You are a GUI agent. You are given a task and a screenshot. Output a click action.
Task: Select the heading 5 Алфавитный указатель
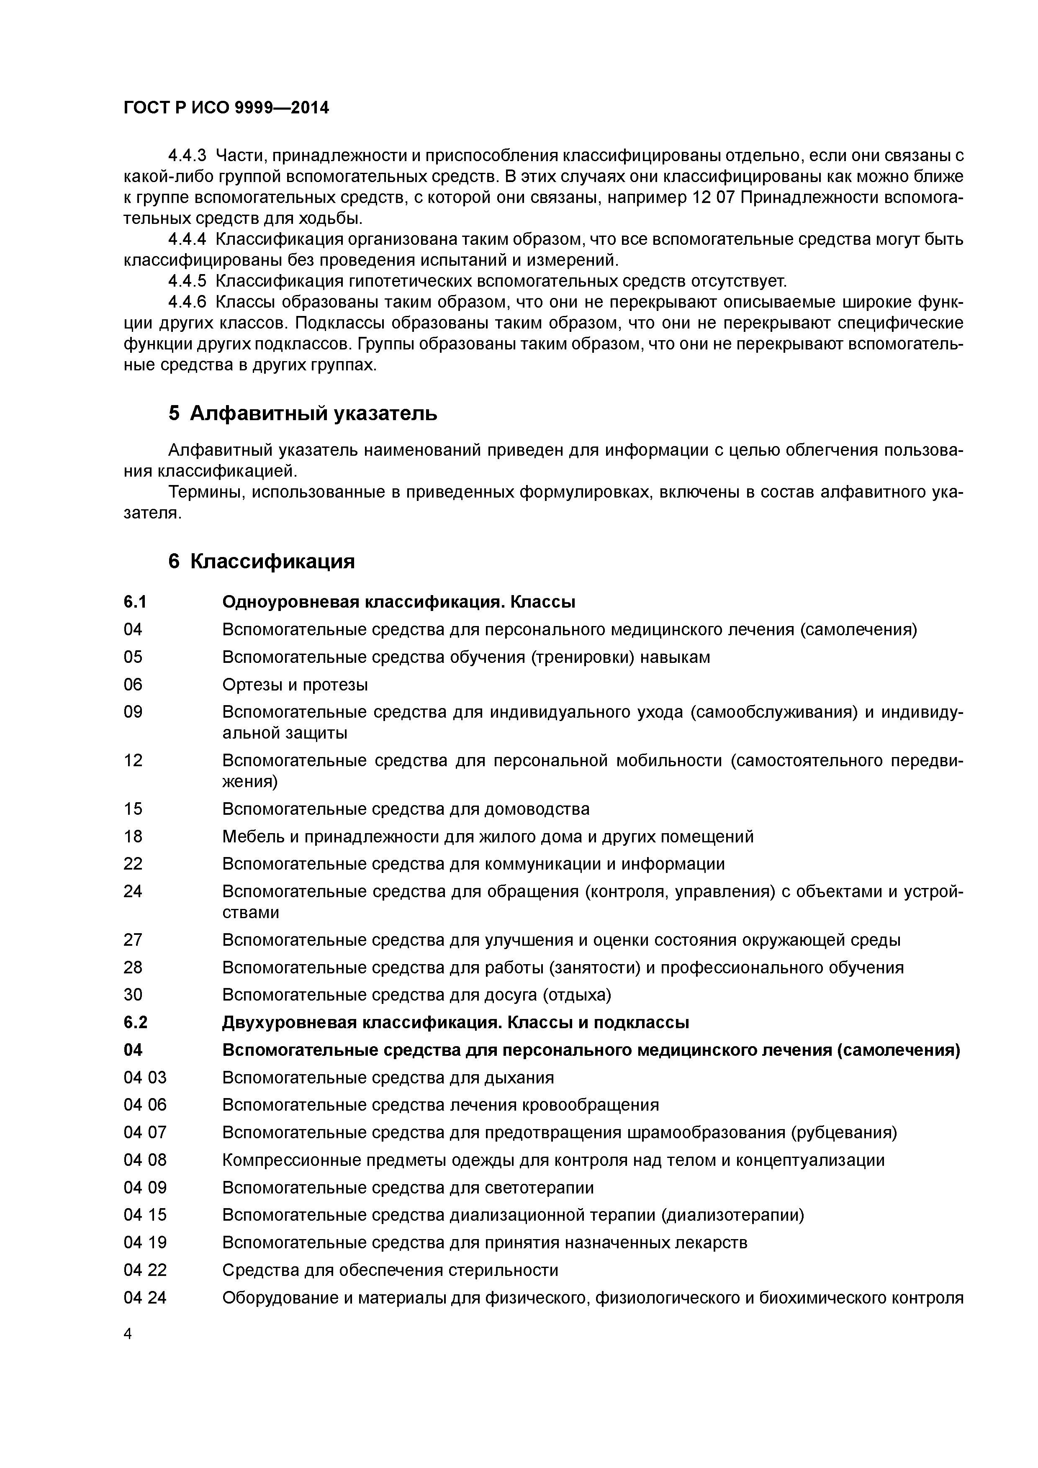[303, 414]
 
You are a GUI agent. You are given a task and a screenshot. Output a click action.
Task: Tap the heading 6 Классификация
[261, 561]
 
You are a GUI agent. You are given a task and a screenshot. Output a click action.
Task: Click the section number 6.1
[135, 602]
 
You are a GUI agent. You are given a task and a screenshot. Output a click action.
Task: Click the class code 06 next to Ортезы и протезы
[133, 685]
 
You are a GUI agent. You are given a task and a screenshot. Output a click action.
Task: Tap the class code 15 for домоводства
[133, 809]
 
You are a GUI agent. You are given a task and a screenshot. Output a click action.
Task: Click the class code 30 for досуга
[133, 995]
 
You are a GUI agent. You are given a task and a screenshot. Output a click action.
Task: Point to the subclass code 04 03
[144, 1078]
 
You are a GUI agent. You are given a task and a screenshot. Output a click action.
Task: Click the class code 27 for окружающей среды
[133, 940]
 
